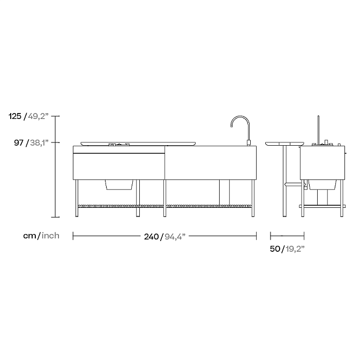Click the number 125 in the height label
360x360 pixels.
[x=15, y=116]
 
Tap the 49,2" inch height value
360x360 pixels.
[x=39, y=116]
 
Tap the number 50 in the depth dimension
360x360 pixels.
[x=275, y=249]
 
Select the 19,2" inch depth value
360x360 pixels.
[x=294, y=249]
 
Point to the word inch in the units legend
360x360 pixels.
[x=50, y=236]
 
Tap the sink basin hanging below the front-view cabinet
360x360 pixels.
[x=119, y=184]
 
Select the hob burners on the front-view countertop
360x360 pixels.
[x=118, y=144]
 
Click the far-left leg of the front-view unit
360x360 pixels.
[x=77, y=198]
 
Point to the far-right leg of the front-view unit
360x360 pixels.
[x=253, y=198]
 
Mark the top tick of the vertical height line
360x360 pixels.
[x=56, y=116]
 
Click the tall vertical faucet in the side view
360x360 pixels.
[x=318, y=129]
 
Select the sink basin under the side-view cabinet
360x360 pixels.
[x=323, y=184]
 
